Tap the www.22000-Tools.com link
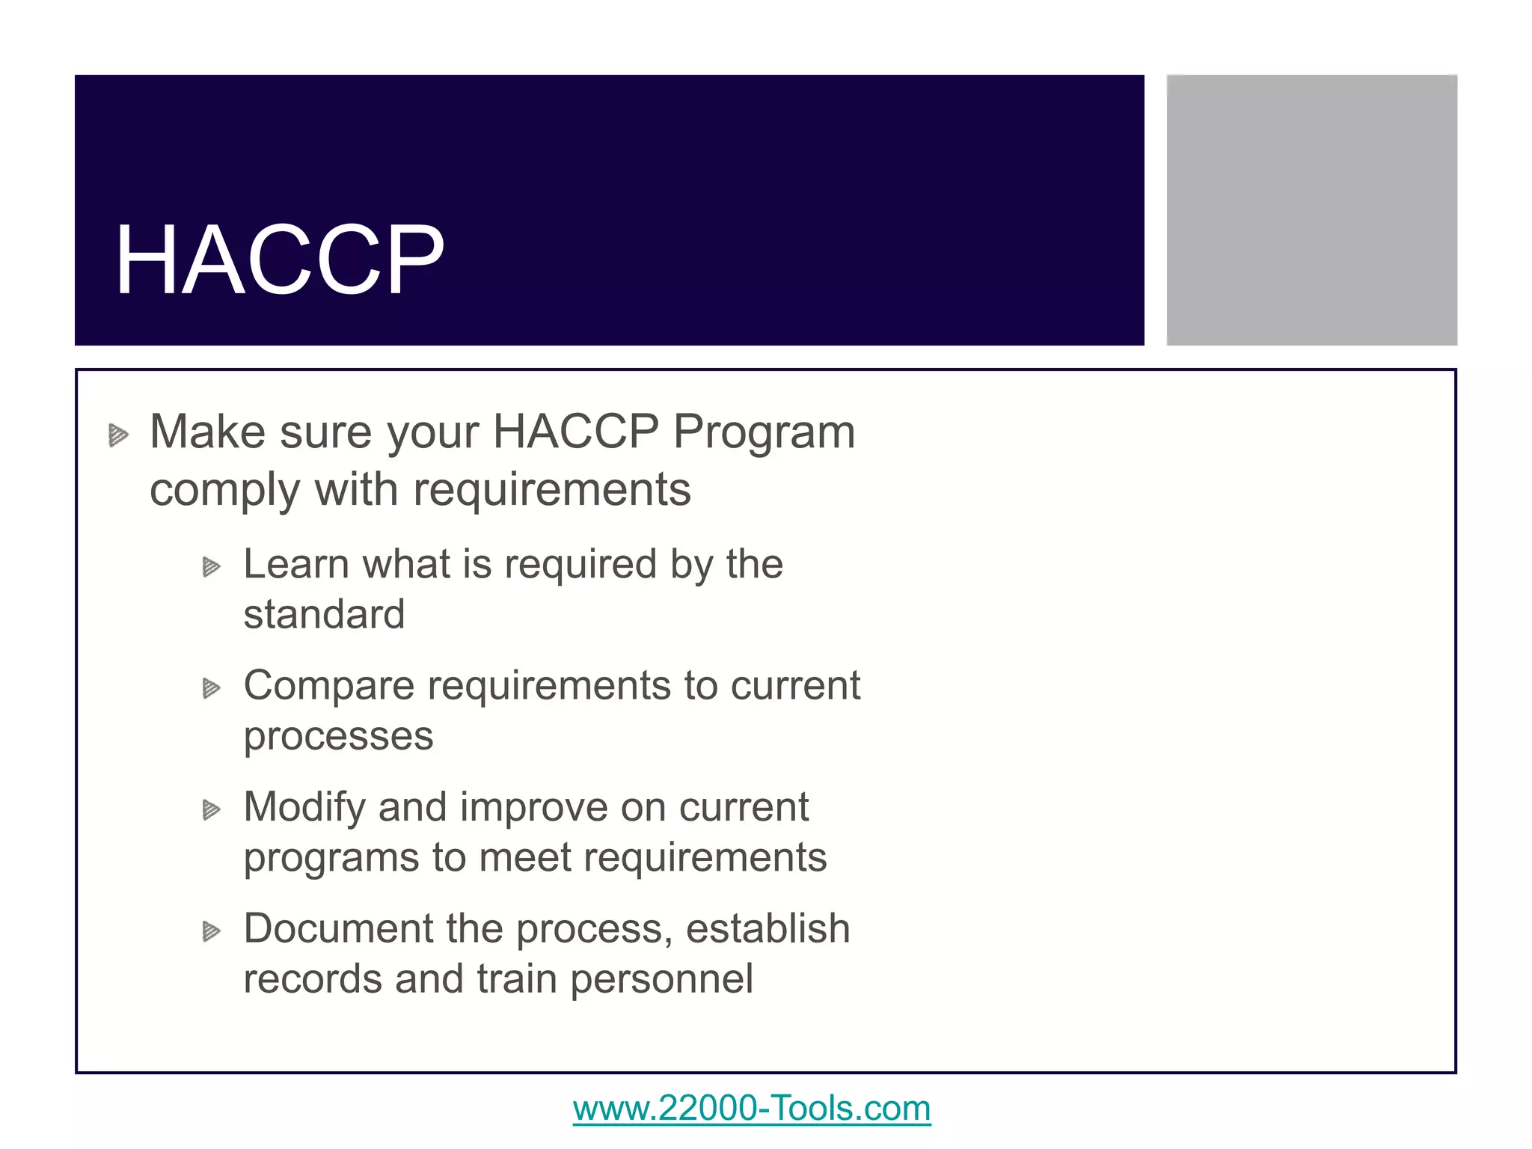(x=751, y=1108)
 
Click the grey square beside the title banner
(x=1311, y=210)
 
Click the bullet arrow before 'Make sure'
(x=118, y=435)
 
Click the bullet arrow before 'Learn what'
(x=212, y=568)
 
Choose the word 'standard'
(x=324, y=614)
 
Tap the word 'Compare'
(x=328, y=686)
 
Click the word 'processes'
(x=338, y=736)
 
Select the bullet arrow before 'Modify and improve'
(x=212, y=810)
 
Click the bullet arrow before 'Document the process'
(x=212, y=931)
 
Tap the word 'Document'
(x=338, y=928)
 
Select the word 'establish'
(x=767, y=928)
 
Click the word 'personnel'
(x=661, y=980)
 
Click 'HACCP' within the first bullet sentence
(x=575, y=432)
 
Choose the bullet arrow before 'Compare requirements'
(x=212, y=688)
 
